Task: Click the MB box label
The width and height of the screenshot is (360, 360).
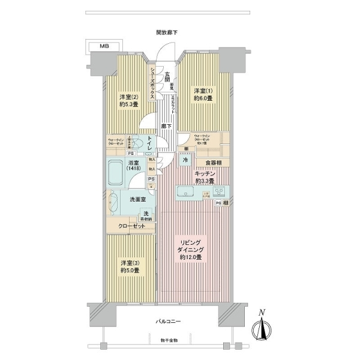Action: pyautogui.click(x=105, y=46)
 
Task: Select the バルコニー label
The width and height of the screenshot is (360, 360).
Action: pyautogui.click(x=171, y=322)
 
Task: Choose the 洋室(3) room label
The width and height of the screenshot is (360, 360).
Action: pyautogui.click(x=129, y=266)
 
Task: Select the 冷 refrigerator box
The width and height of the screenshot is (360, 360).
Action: pyautogui.click(x=185, y=161)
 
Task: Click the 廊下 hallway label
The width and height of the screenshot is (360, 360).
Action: pyautogui.click(x=167, y=126)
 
